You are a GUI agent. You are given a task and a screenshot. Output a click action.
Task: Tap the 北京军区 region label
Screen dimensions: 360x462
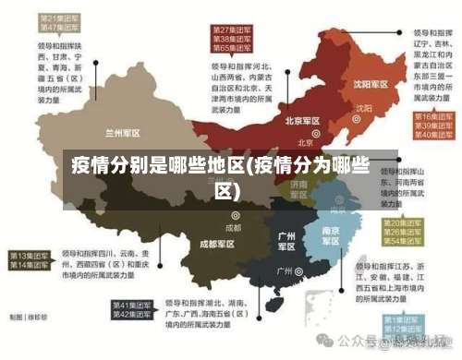[302, 121]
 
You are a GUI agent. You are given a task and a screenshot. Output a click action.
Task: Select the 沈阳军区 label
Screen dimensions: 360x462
[361, 84]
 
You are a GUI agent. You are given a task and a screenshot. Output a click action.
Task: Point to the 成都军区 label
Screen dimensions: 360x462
[218, 245]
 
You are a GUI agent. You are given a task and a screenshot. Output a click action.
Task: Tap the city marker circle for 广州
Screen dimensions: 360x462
[300, 271]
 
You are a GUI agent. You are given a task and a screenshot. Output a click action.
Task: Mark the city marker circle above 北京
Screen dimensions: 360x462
[305, 132]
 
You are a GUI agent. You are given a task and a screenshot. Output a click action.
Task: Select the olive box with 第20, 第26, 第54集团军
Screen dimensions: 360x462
[406, 232]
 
